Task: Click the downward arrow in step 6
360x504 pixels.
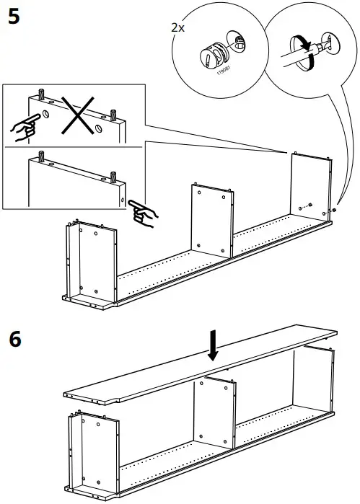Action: point(212,345)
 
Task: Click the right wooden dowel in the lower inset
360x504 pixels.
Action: point(114,175)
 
